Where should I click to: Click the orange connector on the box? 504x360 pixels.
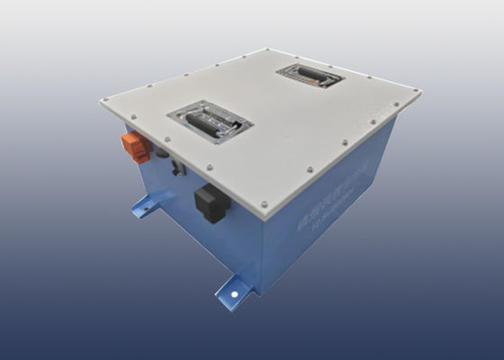point(135,148)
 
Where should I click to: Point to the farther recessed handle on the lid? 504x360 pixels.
point(310,76)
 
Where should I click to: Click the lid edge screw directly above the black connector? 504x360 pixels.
point(209,166)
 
